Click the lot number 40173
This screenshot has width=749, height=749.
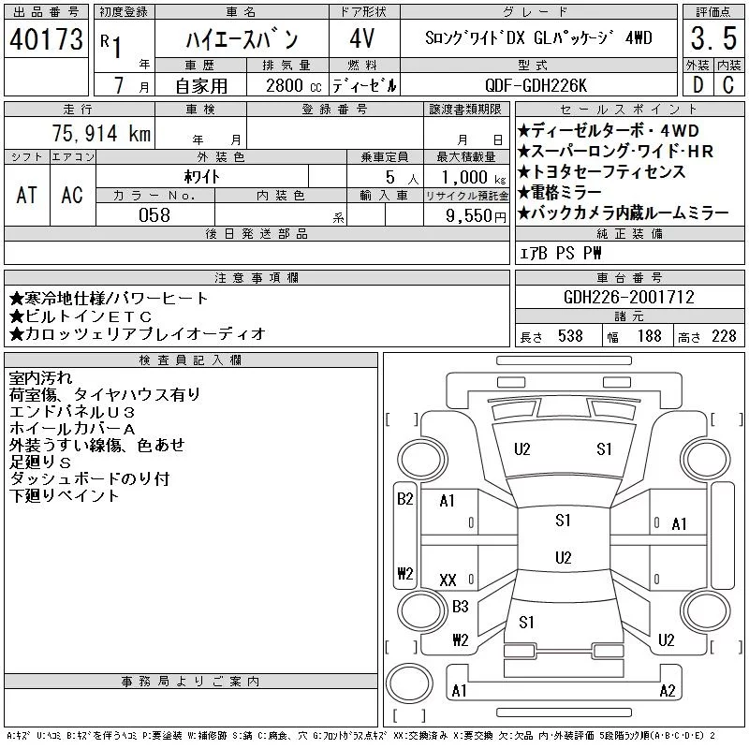click(46, 39)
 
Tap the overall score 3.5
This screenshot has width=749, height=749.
click(713, 38)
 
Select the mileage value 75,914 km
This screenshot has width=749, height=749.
click(101, 133)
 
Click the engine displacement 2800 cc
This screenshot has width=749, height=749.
click(293, 85)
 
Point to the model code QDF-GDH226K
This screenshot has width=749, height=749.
click(536, 85)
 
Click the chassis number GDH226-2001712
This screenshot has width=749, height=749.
click(628, 297)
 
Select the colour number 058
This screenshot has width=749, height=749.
click(154, 215)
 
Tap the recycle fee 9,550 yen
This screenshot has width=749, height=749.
click(476, 216)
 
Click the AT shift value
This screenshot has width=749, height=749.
click(26, 196)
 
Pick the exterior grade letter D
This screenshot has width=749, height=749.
click(698, 85)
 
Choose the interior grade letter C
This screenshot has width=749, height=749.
click(728, 85)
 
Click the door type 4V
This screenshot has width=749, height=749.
click(362, 38)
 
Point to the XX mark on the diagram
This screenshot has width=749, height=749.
click(448, 580)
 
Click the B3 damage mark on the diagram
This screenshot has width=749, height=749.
click(461, 607)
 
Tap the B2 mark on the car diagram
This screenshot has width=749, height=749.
click(405, 499)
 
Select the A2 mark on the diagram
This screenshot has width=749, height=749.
click(668, 691)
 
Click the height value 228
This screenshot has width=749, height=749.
click(724, 336)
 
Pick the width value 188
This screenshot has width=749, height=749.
click(649, 336)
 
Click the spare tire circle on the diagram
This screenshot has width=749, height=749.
click(409, 683)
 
